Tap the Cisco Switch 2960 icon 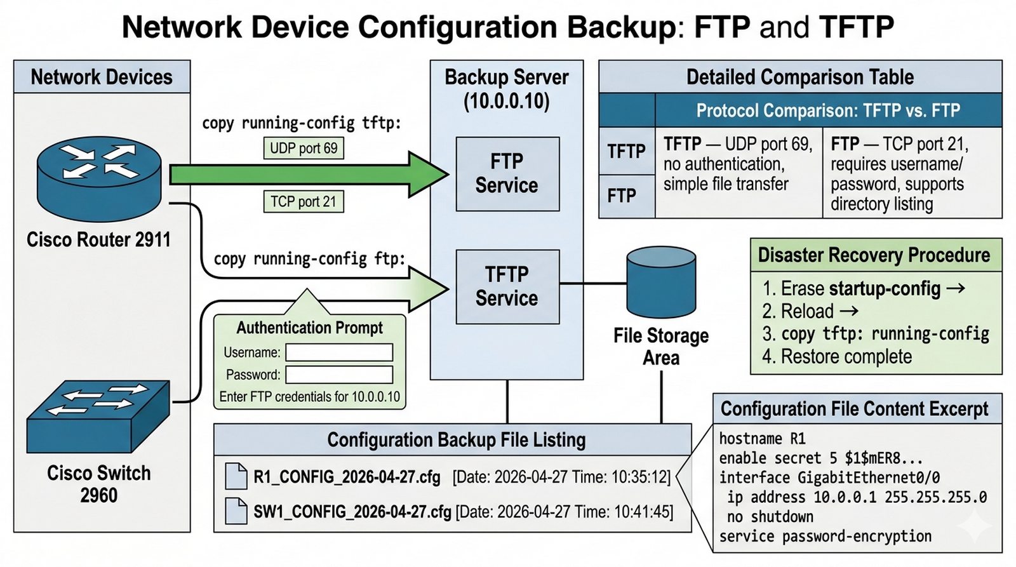[98, 416]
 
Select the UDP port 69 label [304, 148]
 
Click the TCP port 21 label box [303, 201]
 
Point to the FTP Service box [507, 173]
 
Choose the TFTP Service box [507, 286]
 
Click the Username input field [339, 352]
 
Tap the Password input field [339, 375]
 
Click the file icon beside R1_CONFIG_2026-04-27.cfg [236, 476]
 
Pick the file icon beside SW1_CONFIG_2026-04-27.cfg [236, 511]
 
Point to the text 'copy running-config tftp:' [302, 123]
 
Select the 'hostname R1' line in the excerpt [762, 439]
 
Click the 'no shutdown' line [770, 517]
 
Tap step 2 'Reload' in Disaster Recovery [807, 311]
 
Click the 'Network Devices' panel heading [102, 77]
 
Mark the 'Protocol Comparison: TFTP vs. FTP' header [828, 110]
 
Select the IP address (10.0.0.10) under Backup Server [506, 101]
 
